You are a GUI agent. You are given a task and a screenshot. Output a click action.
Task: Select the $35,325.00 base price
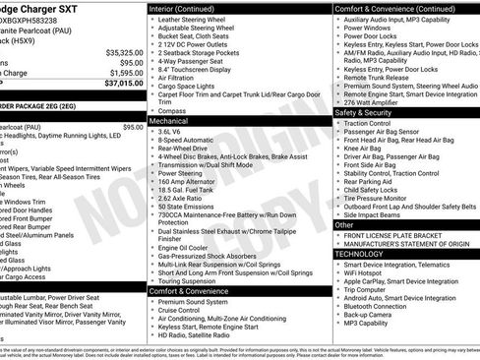pos(117,51)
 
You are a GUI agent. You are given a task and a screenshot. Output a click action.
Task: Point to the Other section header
pos(345,224)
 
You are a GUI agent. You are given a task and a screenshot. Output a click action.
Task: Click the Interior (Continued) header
pos(190,9)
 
